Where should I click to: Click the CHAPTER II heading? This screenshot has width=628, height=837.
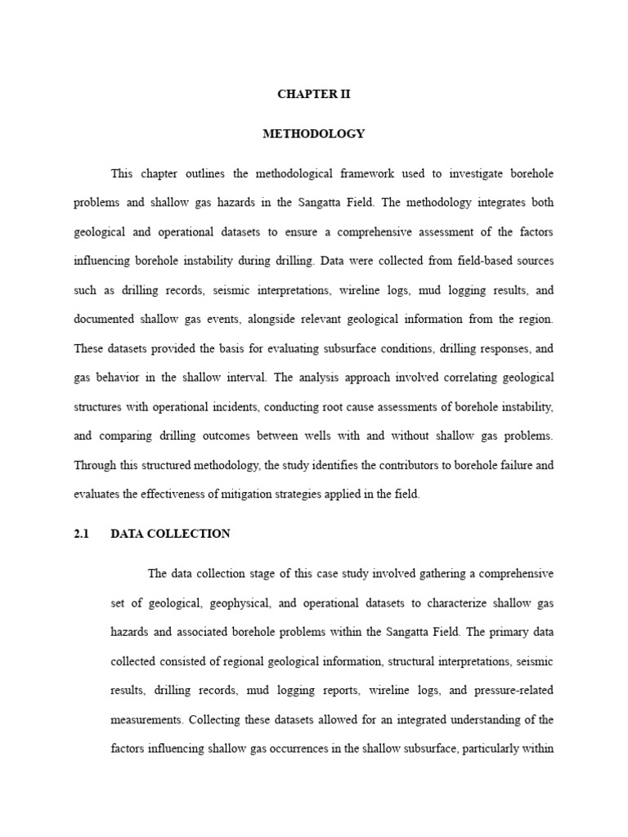pos(314,95)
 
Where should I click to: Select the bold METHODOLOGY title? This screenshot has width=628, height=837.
pos(314,133)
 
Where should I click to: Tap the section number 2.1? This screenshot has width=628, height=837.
pos(80,534)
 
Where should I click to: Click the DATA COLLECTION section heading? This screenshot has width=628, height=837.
pos(170,534)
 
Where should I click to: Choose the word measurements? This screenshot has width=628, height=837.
pos(146,720)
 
